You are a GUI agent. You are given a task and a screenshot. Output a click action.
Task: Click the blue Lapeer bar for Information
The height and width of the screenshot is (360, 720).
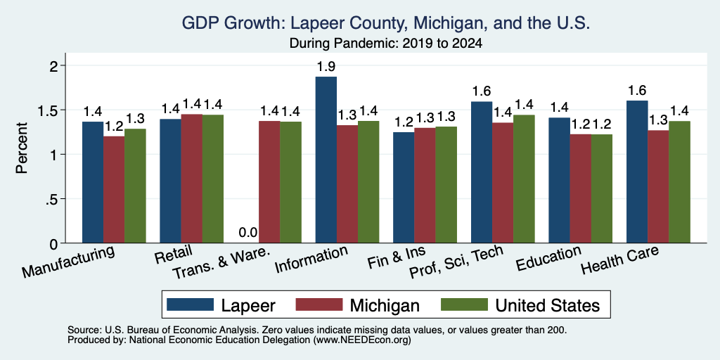click(x=326, y=160)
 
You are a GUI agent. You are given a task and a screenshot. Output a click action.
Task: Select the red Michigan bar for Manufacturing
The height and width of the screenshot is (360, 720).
click(x=114, y=190)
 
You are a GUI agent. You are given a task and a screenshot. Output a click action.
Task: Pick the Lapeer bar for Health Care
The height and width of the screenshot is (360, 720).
click(x=637, y=172)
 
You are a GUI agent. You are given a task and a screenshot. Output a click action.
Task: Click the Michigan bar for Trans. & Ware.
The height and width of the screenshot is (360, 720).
click(x=269, y=182)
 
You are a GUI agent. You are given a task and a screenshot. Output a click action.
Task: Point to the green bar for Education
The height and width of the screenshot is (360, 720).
click(x=602, y=188)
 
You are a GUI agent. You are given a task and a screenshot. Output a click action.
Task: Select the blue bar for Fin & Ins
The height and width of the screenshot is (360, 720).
click(x=404, y=187)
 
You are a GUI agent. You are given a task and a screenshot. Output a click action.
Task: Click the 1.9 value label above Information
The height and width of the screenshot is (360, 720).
click(x=326, y=67)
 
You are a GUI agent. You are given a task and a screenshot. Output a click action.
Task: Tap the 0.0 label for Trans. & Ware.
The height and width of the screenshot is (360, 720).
click(x=248, y=233)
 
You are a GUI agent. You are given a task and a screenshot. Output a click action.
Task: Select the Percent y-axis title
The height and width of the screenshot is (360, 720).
click(x=22, y=148)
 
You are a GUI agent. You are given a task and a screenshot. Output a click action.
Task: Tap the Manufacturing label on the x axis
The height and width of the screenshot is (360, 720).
click(x=68, y=262)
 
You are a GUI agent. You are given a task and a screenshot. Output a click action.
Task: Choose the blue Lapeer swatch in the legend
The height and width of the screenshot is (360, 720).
click(x=190, y=304)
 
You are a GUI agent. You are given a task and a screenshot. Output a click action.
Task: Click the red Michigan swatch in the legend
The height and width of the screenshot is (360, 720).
click(x=319, y=304)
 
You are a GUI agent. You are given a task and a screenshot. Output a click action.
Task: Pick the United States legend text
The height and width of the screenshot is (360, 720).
click(x=548, y=305)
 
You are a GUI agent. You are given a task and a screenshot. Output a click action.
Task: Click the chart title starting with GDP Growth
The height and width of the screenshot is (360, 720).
click(x=386, y=23)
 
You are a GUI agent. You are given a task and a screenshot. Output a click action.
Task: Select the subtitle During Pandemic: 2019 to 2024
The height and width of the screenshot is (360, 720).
click(x=386, y=44)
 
